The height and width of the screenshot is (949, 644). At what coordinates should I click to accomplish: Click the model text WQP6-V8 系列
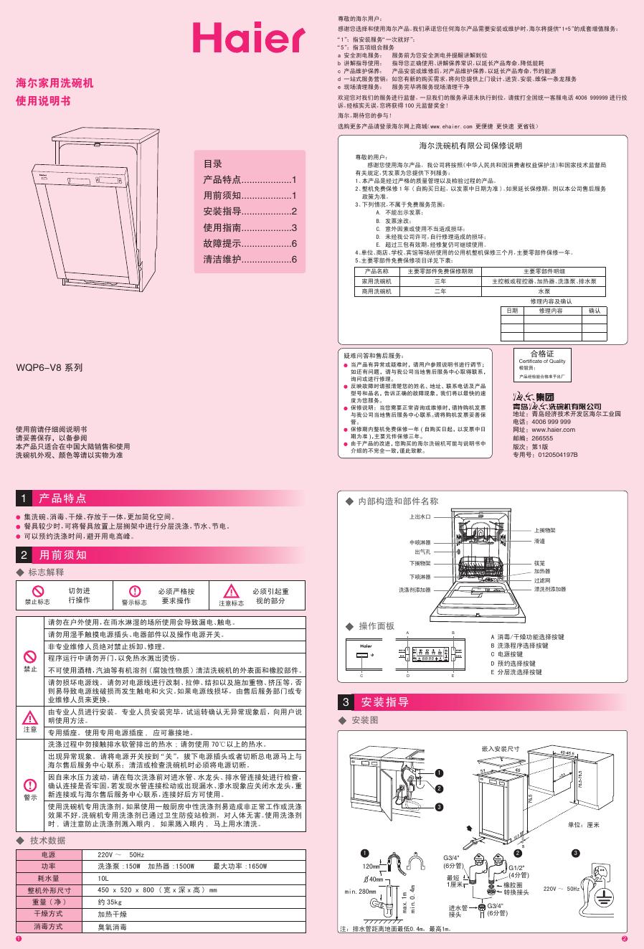tap(49, 367)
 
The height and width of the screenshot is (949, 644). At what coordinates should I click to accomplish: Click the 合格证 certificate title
tap(541, 354)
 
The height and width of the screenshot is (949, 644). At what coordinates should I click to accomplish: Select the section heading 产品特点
tap(62, 498)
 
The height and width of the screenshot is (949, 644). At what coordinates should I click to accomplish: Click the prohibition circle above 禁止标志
tap(37, 590)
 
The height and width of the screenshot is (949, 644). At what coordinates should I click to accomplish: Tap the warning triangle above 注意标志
tap(231, 591)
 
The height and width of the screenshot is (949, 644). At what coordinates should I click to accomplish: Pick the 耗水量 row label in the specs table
tap(48, 878)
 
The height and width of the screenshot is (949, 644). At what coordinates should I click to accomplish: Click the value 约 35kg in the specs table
tap(110, 902)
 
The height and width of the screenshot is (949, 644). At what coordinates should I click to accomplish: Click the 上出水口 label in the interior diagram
tap(420, 516)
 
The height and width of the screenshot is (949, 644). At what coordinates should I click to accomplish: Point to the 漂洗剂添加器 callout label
tap(550, 589)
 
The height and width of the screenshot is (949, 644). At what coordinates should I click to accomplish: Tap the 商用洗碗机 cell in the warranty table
tap(377, 292)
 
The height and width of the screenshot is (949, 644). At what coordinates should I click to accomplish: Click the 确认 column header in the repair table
tap(595, 311)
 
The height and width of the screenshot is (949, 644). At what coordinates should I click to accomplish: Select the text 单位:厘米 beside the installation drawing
tap(583, 825)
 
